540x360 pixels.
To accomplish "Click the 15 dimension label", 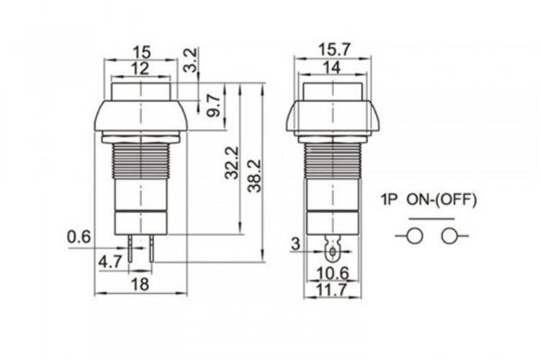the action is [x=142, y=53].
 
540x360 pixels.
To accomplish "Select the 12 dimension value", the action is [x=141, y=68].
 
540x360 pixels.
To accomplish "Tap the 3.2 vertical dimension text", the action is [x=191, y=60].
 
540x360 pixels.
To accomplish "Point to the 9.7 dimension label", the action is [x=214, y=106].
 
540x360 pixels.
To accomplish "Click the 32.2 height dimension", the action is [x=232, y=163].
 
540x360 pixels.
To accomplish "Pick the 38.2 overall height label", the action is [x=255, y=176].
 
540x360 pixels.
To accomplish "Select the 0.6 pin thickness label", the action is [x=79, y=237].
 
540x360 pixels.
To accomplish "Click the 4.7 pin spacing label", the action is [x=110, y=262].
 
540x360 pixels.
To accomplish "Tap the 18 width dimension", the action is [x=140, y=284].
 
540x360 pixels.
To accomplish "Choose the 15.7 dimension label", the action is [x=333, y=50].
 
